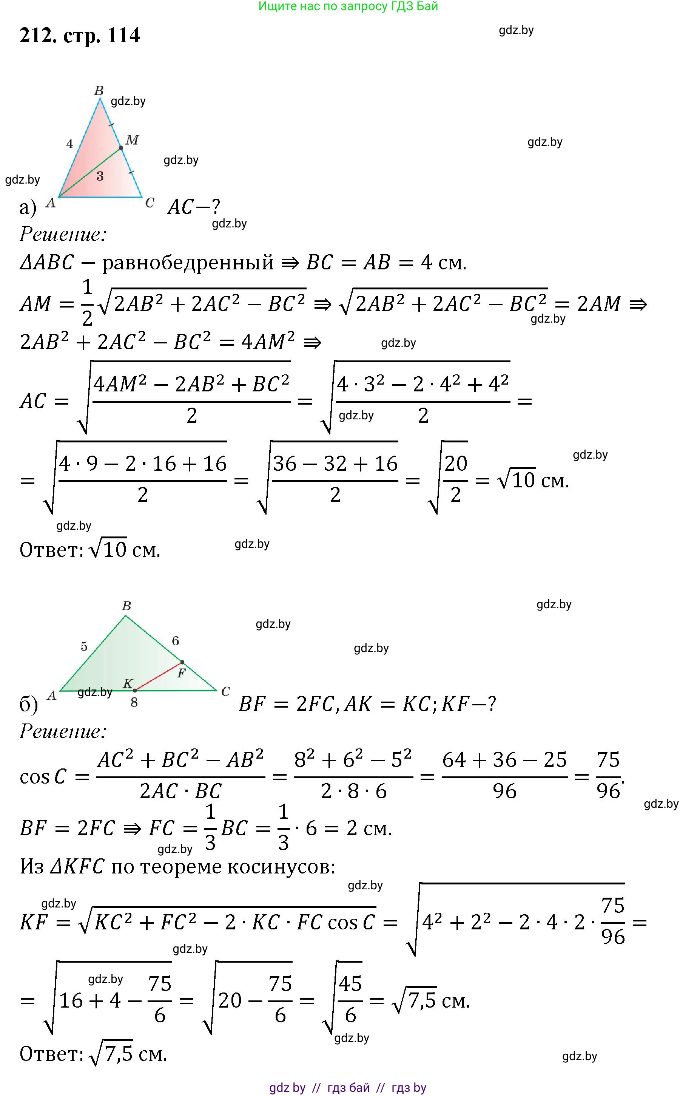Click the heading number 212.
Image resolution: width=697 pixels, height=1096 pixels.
38,36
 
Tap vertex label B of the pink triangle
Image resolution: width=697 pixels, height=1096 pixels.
99,91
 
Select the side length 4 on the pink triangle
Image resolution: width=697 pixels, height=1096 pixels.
69,144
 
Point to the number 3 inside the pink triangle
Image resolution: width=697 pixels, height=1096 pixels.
100,176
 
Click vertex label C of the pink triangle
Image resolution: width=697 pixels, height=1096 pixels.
150,203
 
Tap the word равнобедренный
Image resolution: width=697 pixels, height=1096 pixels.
188,263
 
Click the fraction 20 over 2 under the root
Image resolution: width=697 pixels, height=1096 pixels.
456,479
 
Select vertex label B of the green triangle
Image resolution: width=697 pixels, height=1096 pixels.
126,606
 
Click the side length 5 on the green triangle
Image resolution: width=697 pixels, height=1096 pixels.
84,646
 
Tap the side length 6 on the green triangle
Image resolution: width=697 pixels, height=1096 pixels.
176,641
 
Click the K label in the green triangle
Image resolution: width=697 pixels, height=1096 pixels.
128,684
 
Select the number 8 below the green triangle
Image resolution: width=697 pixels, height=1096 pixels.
134,703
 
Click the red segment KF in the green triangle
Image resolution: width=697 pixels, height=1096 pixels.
158,676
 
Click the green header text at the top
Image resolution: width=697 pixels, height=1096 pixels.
348,6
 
